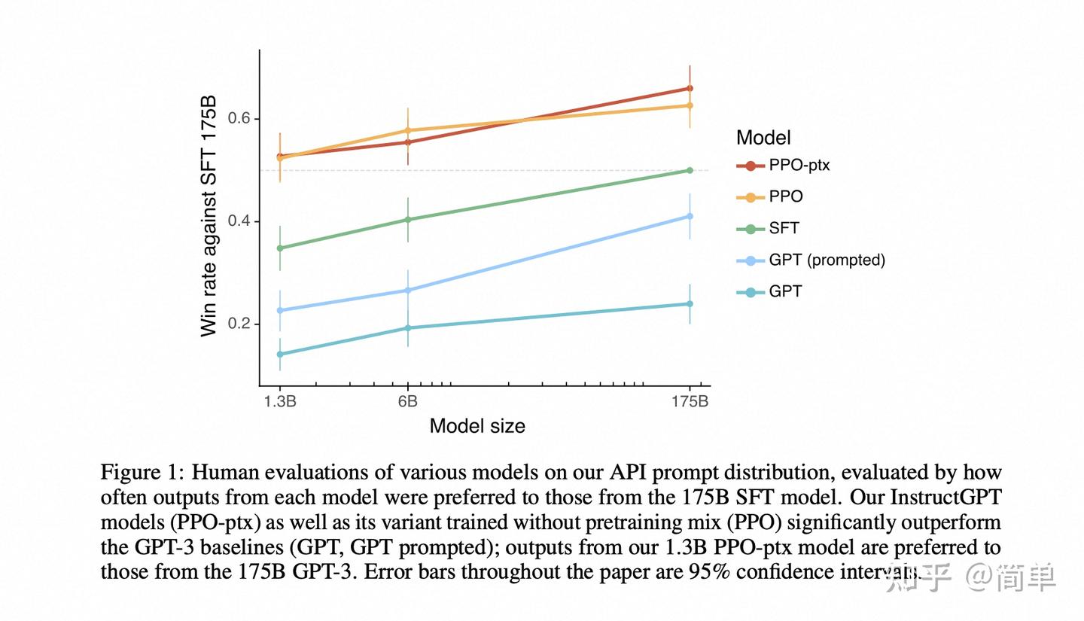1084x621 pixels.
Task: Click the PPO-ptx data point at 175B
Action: [x=690, y=88]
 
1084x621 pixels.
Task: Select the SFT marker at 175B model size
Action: [x=690, y=170]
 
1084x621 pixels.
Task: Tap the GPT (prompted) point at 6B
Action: [x=407, y=291]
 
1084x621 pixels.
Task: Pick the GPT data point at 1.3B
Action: [x=280, y=355]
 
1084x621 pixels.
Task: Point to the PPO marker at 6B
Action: [x=407, y=130]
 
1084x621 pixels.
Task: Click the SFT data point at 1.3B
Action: [x=280, y=248]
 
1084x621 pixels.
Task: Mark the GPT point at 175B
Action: [x=690, y=304]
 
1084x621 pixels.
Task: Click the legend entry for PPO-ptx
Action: [x=783, y=166]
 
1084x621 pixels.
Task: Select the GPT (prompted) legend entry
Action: [x=811, y=260]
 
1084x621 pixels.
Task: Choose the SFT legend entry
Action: [x=768, y=229]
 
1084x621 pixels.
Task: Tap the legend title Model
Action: [x=763, y=138]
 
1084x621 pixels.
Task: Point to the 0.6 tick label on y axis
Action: [x=239, y=118]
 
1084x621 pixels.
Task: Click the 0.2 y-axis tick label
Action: [x=239, y=324]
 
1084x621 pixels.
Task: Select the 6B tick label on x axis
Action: [x=407, y=401]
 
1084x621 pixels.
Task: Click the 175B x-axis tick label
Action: [x=690, y=401]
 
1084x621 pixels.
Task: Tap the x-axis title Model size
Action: [x=477, y=426]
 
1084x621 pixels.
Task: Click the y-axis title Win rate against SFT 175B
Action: [x=209, y=216]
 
